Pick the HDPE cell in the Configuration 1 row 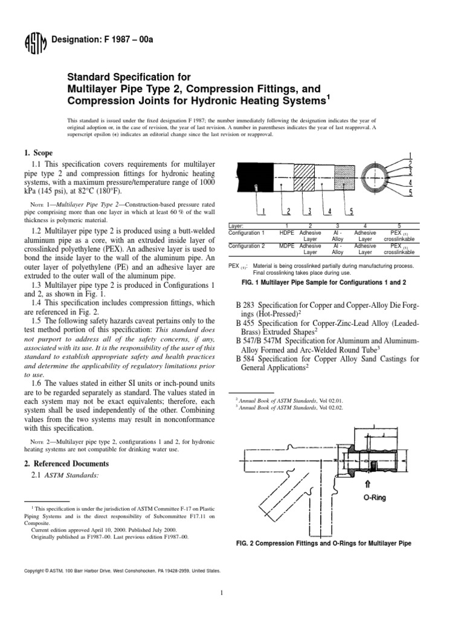pyautogui.click(x=286, y=232)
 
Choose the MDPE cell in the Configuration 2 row pyautogui.click(x=286, y=246)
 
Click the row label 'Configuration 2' pyautogui.click(x=248, y=246)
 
